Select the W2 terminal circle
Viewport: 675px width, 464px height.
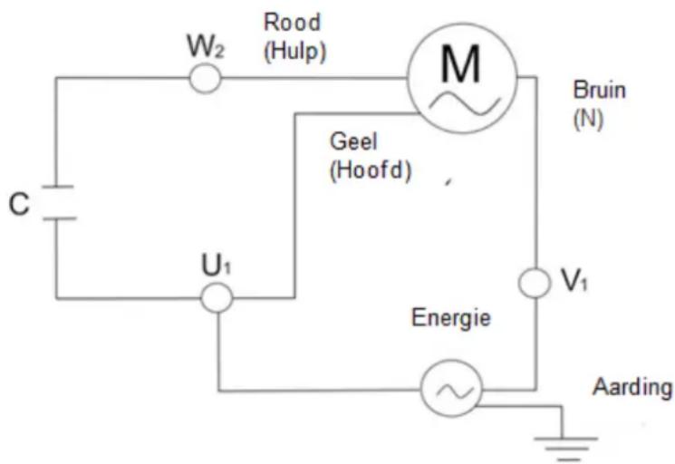coord(205,79)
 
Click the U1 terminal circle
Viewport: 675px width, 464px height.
coord(217,297)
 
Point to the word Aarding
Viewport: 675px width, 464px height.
coord(632,387)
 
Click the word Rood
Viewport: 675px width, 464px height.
coord(292,23)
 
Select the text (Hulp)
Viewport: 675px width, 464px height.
coord(296,53)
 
